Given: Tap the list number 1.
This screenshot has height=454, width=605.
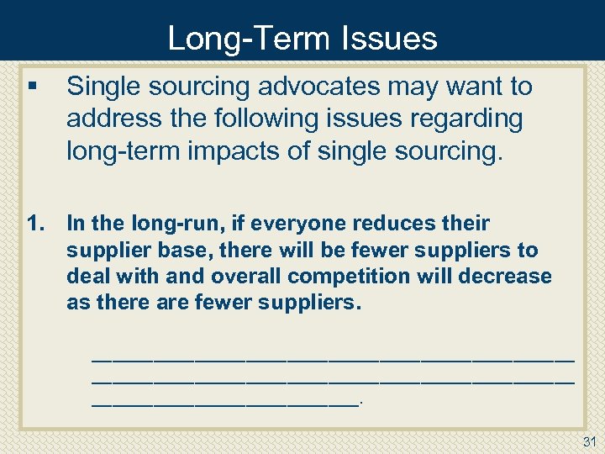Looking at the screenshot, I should point(35,224).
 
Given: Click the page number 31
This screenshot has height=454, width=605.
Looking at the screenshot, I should point(588,441).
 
